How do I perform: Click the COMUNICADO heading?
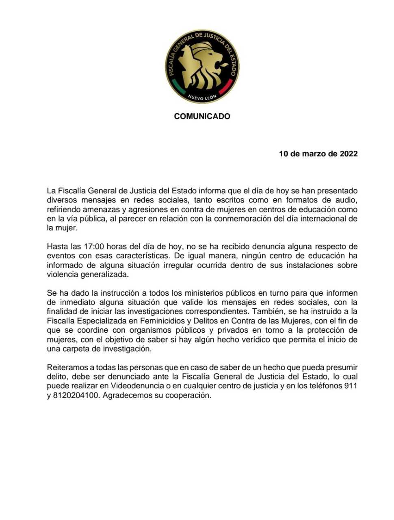(202, 117)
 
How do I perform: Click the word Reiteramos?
(66, 367)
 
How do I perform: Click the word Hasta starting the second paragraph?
(57, 247)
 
